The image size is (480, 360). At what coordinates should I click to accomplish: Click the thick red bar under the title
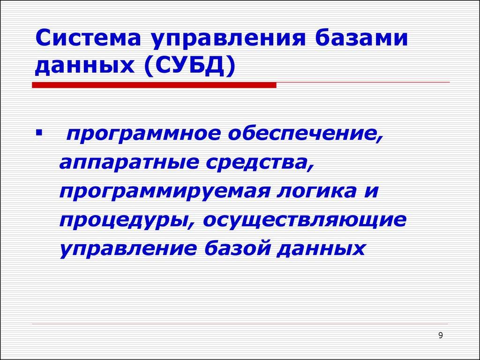click(154, 85)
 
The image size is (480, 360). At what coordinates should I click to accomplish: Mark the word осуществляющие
click(305, 220)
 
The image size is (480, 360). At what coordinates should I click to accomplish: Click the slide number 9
click(440, 335)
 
